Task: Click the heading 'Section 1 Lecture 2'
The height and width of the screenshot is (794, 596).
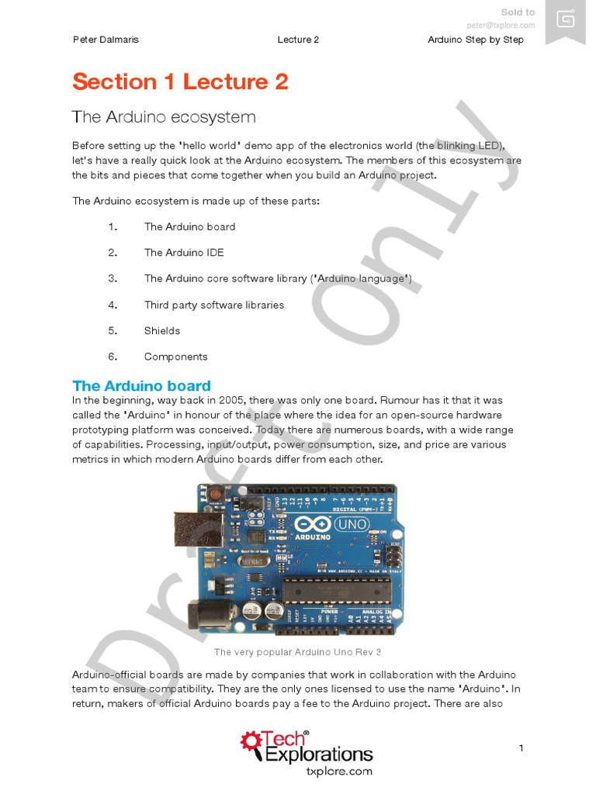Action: pos(180,81)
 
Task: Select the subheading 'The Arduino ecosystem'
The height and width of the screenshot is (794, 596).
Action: pos(163,117)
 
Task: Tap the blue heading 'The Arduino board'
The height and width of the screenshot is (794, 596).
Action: pos(141,385)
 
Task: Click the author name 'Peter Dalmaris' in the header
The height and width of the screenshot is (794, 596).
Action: pos(106,40)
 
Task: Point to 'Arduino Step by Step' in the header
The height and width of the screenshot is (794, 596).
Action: pos(475,40)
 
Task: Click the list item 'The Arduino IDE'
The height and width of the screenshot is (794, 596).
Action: pos(184,252)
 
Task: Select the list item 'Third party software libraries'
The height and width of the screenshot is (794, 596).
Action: pos(214,305)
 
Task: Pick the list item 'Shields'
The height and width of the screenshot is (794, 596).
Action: pos(162,330)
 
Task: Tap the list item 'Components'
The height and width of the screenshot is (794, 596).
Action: pos(176,357)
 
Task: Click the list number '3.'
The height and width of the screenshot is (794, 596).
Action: pos(113,278)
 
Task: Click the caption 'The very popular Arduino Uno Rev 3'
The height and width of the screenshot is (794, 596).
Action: pos(297,652)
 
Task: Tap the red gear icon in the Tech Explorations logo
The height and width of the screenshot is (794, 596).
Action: pos(251,741)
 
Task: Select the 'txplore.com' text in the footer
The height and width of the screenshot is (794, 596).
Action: pos(340,772)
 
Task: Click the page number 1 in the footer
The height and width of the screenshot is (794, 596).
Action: pos(521,747)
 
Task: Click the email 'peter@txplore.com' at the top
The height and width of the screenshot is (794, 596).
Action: pos(501,25)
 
